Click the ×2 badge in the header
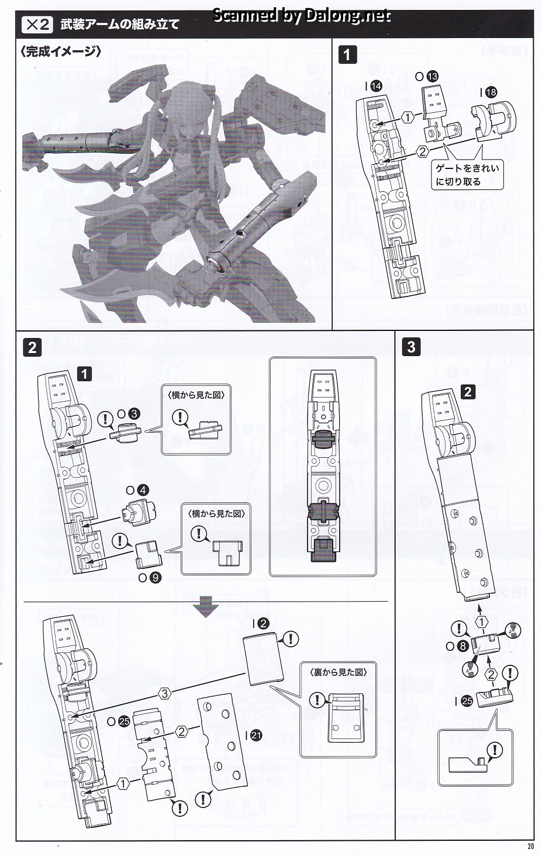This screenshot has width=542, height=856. tap(36, 25)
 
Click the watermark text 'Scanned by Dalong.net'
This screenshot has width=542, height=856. tap(301, 15)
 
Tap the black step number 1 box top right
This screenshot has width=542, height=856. tap(347, 55)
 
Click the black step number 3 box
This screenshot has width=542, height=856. tap(411, 347)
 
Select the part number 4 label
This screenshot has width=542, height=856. tap(143, 490)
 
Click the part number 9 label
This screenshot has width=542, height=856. tap(154, 578)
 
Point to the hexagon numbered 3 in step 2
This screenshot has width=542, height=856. tap(165, 693)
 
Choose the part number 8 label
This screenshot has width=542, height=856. tap(462, 646)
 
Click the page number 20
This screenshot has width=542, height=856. tap(530, 846)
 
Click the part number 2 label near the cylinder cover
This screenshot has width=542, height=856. tap(263, 624)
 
